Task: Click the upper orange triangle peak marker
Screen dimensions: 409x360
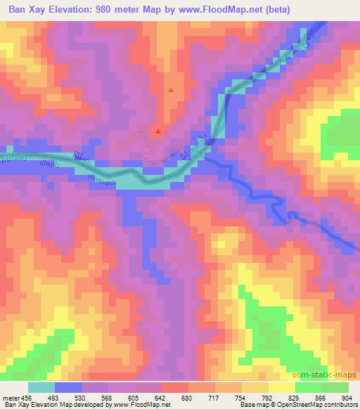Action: [x=171, y=90]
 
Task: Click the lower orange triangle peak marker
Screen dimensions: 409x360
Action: [x=158, y=131]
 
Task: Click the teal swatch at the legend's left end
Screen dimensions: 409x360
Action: [x=41, y=387]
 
